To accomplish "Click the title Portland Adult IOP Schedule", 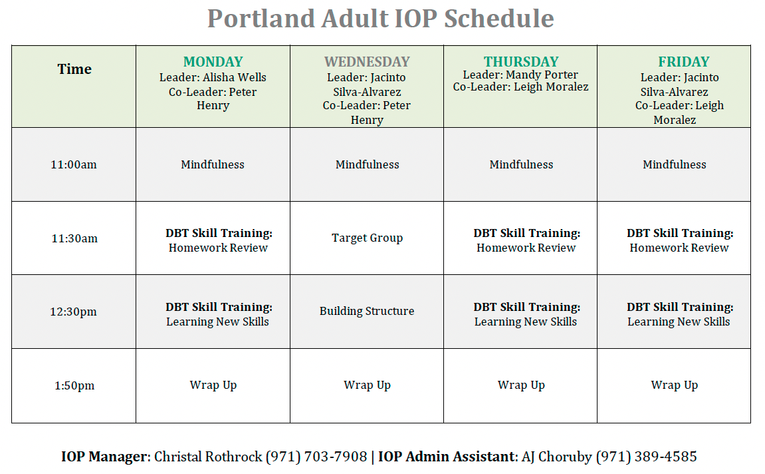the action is tap(381, 19).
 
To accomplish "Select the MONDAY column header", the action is tap(213, 61).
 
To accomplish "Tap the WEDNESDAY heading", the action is tap(367, 61).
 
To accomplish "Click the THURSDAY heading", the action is tap(521, 61).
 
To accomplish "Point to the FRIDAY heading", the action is tap(683, 61).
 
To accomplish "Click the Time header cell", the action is tap(74, 69).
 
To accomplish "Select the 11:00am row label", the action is tap(74, 164).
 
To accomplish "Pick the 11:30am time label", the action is tap(74, 238).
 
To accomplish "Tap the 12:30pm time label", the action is tap(73, 312).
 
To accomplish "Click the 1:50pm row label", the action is tap(74, 385).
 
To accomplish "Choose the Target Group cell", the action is tap(368, 238).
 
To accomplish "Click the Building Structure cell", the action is tap(367, 312).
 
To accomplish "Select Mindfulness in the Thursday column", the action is tap(521, 164).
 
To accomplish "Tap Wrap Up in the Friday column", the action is tap(674, 385).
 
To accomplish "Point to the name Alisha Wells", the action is tap(235, 77).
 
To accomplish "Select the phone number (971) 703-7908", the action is tap(316, 457).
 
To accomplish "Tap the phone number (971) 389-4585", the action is tap(647, 457).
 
